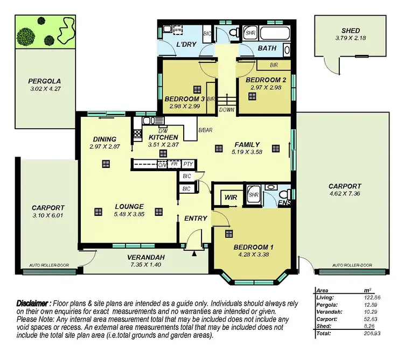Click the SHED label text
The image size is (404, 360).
tap(351, 31)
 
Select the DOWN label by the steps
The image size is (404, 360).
tap(227, 109)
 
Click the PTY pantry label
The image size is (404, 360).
tap(187, 164)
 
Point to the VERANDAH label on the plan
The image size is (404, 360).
tap(145, 257)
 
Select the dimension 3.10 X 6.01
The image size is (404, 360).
tap(48, 215)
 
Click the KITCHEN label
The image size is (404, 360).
tap(163, 137)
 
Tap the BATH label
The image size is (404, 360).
tap(267, 48)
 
